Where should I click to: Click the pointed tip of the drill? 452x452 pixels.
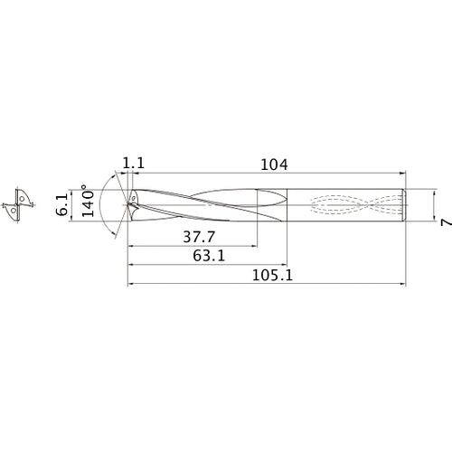pyautogui.click(x=129, y=203)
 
